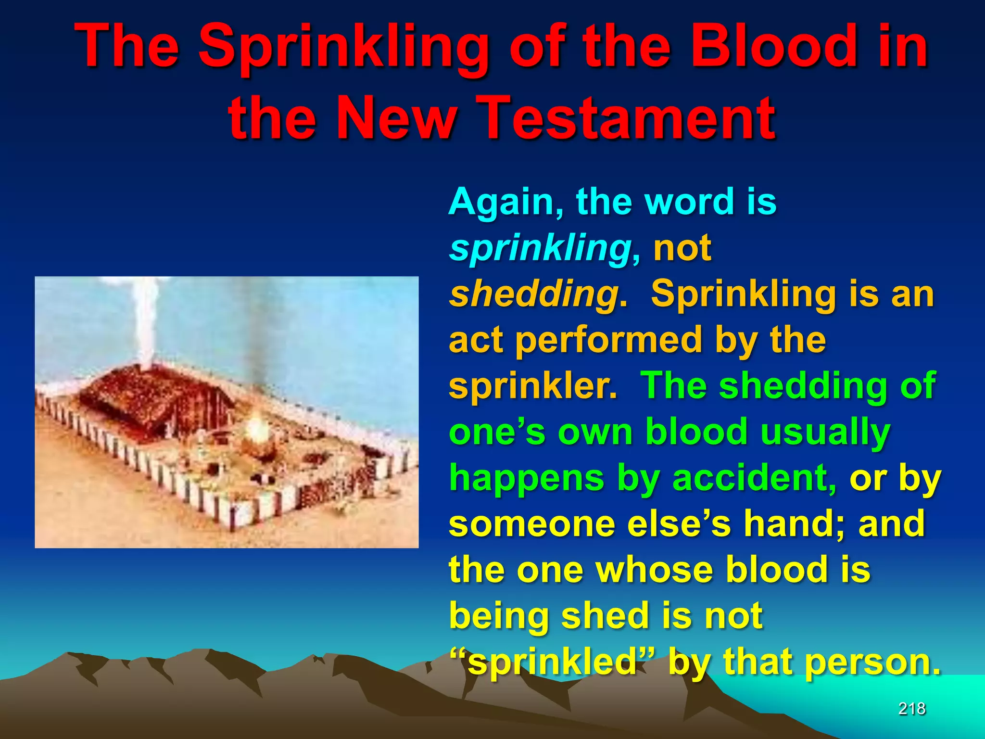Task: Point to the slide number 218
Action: click(911, 709)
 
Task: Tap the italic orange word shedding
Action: click(534, 293)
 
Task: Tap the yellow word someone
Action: click(532, 524)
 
